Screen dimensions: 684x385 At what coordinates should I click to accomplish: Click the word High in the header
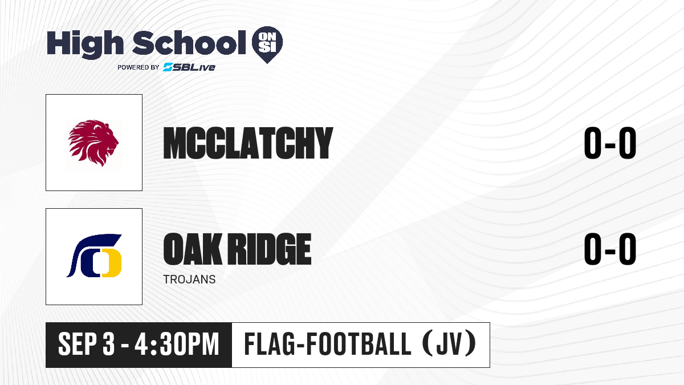click(85, 44)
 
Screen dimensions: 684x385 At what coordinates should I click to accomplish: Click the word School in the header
click(189, 43)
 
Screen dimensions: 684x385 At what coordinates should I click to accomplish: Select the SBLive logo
click(189, 67)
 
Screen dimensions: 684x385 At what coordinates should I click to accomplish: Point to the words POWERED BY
click(138, 67)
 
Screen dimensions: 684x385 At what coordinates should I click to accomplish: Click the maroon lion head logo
click(93, 143)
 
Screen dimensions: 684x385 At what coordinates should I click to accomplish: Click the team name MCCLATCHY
click(248, 143)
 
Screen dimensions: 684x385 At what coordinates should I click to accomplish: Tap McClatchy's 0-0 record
click(610, 143)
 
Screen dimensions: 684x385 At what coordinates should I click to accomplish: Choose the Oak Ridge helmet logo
click(94, 256)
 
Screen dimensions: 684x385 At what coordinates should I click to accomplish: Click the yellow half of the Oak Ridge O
click(113, 263)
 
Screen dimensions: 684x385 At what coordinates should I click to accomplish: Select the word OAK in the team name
click(193, 249)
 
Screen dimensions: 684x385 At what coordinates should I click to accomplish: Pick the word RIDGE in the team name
click(270, 249)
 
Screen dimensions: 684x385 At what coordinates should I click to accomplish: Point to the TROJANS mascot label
click(189, 279)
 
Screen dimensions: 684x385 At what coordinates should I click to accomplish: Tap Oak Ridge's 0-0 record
click(610, 249)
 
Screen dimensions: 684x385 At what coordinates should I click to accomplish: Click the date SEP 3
click(87, 345)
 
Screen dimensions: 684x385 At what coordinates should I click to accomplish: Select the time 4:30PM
click(177, 345)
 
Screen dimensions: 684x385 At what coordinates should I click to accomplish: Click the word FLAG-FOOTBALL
click(327, 344)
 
